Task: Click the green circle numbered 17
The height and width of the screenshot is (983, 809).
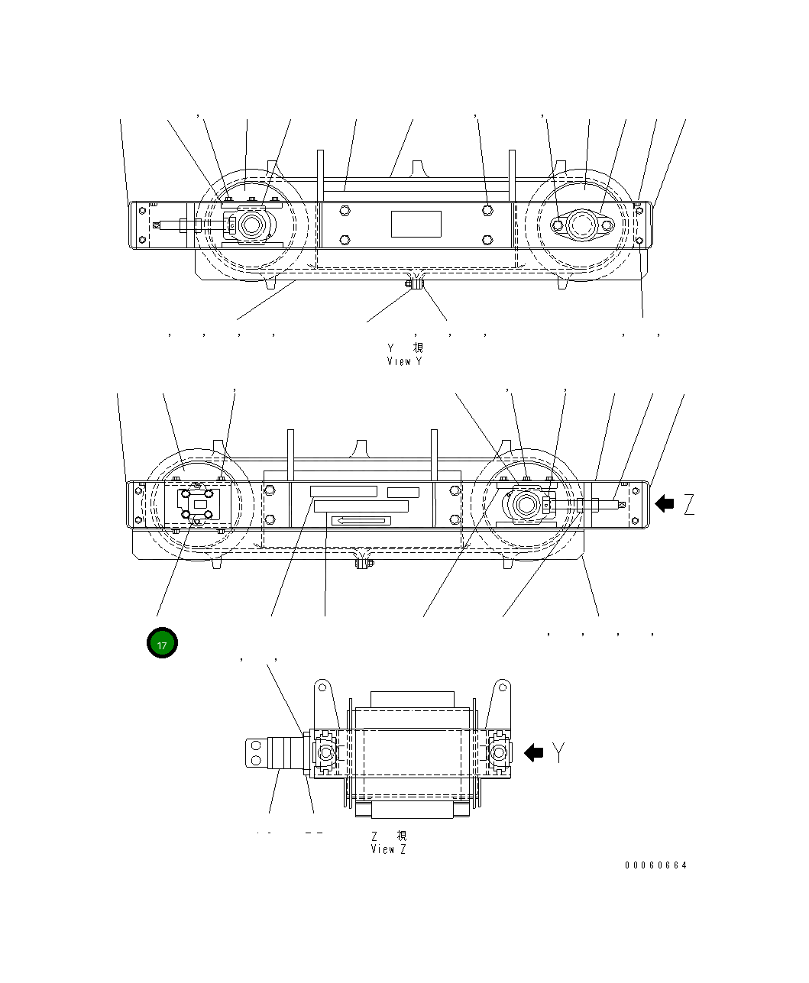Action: tap(162, 644)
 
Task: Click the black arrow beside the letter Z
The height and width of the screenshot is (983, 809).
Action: tap(665, 503)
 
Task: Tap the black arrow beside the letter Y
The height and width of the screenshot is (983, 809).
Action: tap(533, 753)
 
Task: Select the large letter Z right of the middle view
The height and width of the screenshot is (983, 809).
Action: tap(689, 504)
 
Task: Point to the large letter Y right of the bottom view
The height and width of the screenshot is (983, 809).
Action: tap(560, 753)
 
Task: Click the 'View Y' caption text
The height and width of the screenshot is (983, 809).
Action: tap(404, 361)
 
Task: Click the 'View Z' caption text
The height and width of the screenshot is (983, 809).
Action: tap(389, 849)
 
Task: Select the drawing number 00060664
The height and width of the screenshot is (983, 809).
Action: tap(655, 865)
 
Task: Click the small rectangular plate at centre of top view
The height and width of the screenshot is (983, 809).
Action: tap(416, 225)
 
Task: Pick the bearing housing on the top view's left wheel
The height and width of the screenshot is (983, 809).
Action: tap(250, 225)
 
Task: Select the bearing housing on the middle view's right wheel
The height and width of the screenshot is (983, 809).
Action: tap(526, 504)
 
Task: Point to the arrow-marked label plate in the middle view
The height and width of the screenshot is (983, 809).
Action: tap(361, 521)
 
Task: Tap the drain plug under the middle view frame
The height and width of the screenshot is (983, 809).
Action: tap(364, 564)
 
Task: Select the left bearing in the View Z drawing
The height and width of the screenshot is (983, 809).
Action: tap(325, 753)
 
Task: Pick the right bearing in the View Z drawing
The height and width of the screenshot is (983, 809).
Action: tap(498, 753)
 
